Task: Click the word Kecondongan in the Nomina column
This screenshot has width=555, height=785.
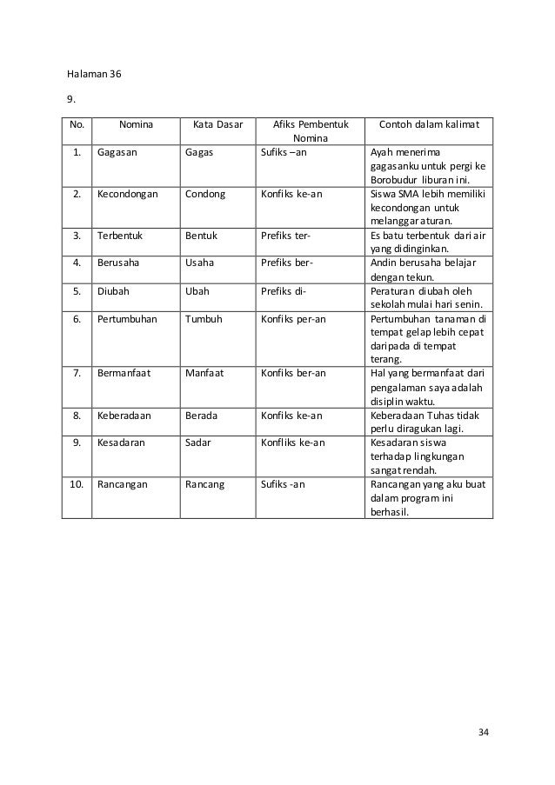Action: pyautogui.click(x=128, y=194)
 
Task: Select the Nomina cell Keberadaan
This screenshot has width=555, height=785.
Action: pyautogui.click(x=124, y=416)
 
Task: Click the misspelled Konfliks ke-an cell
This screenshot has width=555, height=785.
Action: pyautogui.click(x=293, y=442)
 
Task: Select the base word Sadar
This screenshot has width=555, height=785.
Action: pyautogui.click(x=198, y=442)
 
